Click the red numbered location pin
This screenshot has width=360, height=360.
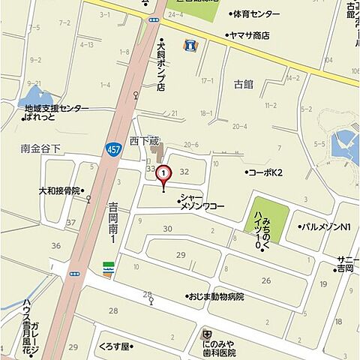click(x=164, y=174)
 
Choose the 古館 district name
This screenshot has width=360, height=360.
click(x=244, y=84)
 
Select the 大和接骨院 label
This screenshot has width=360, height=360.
click(x=59, y=190)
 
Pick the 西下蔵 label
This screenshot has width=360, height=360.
click(x=145, y=140)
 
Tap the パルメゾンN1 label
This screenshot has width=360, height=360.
click(x=325, y=226)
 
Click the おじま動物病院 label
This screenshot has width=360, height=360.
click(x=216, y=296)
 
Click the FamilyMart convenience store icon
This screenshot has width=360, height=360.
click(x=108, y=268)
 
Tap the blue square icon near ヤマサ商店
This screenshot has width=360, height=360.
click(x=190, y=45)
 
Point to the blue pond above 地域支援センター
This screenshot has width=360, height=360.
click(x=33, y=96)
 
